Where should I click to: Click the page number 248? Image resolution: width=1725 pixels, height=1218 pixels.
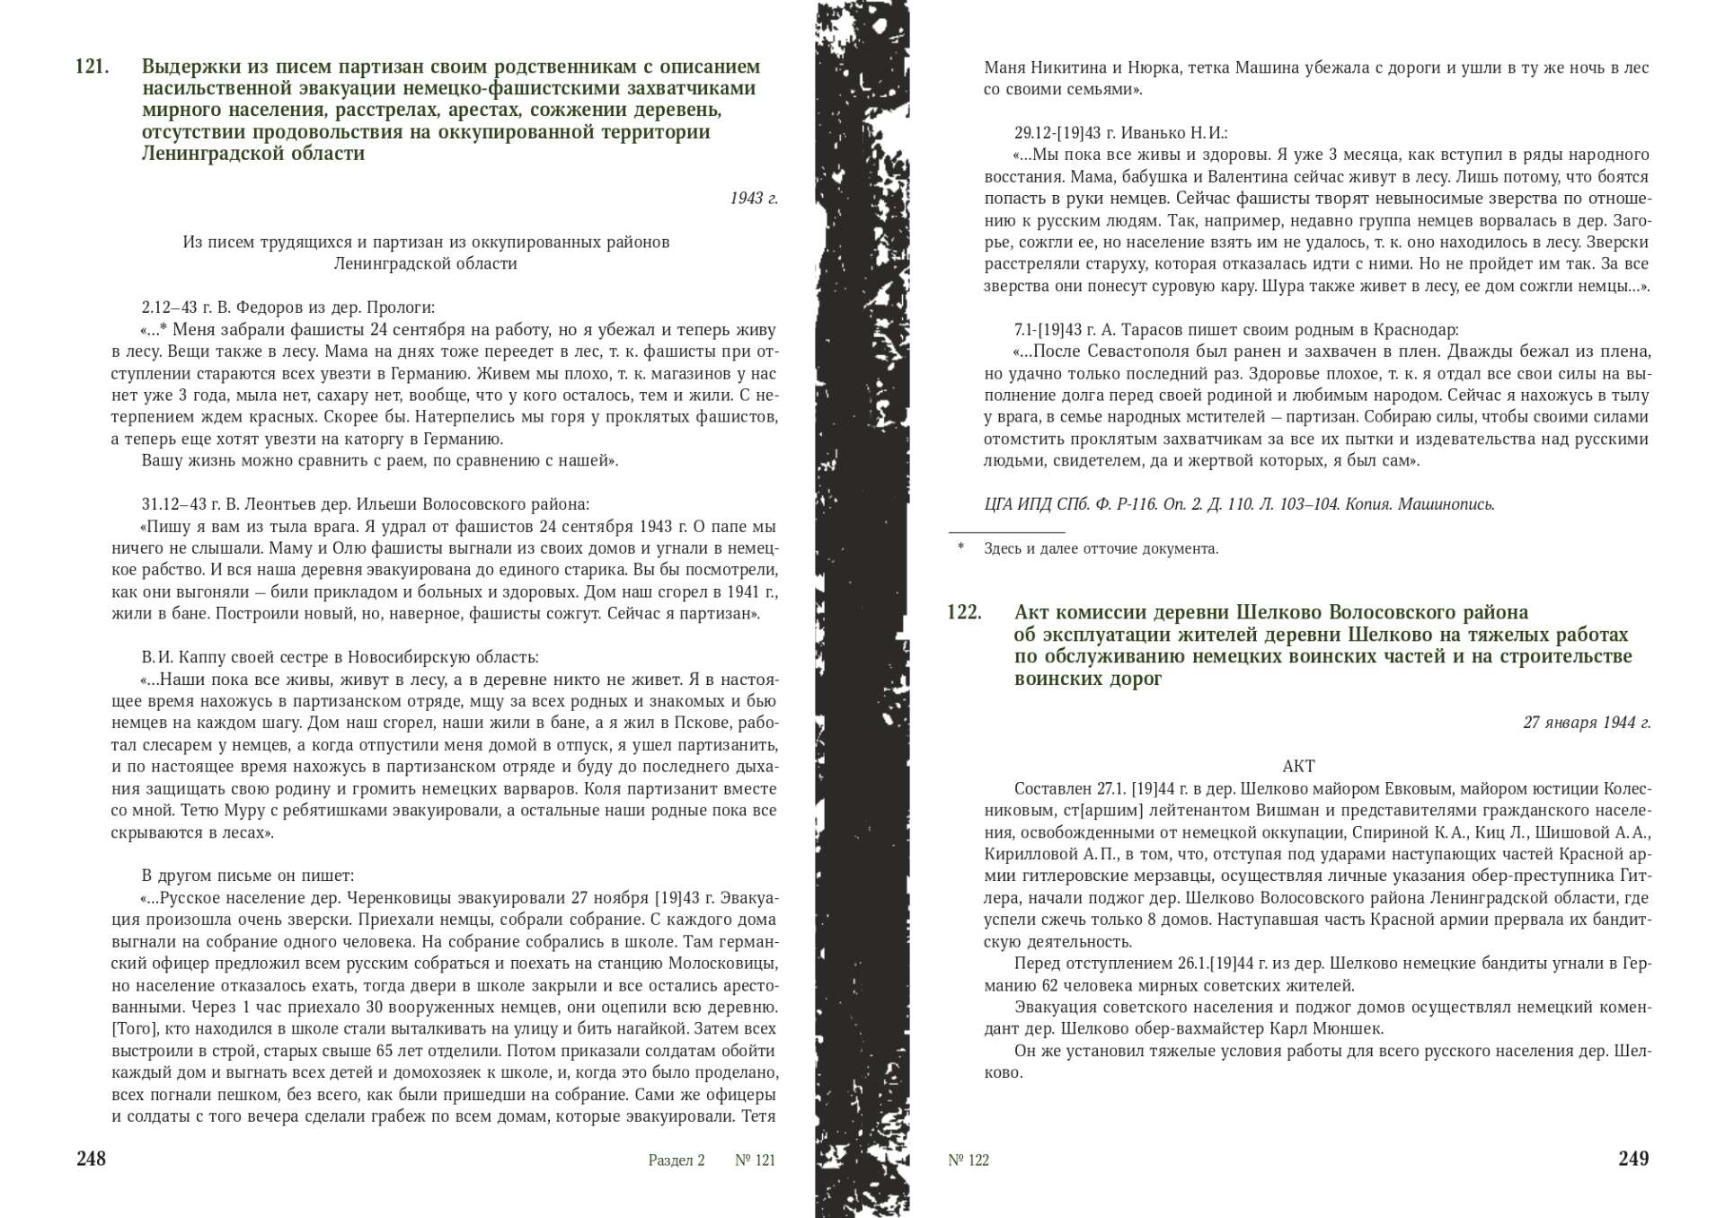92,1159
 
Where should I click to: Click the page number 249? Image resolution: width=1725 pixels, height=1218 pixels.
1633,1159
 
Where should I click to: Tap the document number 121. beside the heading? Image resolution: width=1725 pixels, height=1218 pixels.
93,67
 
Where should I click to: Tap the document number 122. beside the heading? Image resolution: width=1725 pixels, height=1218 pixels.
964,612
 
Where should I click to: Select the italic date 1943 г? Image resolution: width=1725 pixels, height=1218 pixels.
754,198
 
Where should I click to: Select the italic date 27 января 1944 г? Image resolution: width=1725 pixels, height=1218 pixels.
1587,723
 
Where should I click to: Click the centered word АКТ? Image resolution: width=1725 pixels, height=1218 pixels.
1298,767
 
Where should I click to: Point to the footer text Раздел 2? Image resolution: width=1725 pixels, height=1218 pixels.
677,1160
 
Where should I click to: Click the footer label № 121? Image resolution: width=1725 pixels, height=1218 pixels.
755,1160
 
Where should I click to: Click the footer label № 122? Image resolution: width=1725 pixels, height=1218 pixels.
969,1160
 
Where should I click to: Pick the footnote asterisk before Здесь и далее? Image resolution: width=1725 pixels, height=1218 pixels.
960,547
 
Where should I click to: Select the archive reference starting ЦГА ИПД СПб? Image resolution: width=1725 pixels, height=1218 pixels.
1239,504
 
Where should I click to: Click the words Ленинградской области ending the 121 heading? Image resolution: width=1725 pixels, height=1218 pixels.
253,154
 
